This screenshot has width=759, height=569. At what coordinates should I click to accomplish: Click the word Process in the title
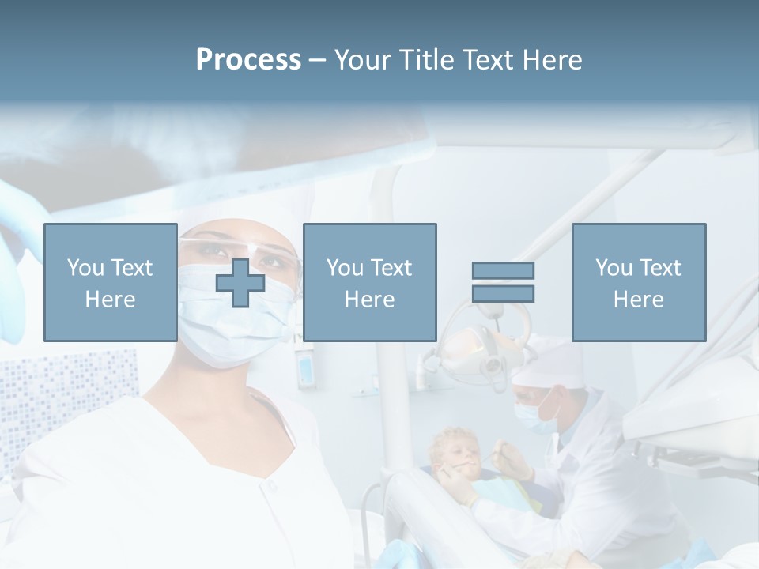pyautogui.click(x=248, y=60)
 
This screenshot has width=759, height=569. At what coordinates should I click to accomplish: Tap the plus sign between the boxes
pyautogui.click(x=240, y=283)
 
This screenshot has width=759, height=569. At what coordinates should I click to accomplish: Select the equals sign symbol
pyautogui.click(x=503, y=282)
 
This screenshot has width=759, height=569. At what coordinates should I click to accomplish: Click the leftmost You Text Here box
pyautogui.click(x=111, y=282)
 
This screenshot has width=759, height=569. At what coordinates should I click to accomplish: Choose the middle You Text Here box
pyautogui.click(x=369, y=282)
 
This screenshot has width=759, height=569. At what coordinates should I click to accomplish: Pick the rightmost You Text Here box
pyautogui.click(x=639, y=282)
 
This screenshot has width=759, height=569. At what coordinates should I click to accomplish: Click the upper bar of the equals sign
pyautogui.click(x=503, y=271)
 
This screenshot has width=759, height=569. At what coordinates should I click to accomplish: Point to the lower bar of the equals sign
pyautogui.click(x=503, y=293)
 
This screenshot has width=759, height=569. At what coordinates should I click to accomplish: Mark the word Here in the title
pyautogui.click(x=551, y=60)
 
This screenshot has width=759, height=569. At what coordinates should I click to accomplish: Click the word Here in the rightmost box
pyautogui.click(x=639, y=299)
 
